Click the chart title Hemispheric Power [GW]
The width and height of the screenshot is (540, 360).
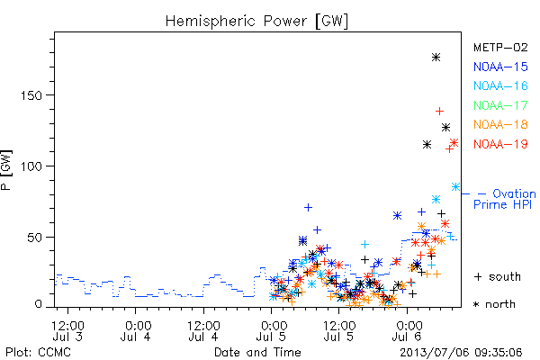256,22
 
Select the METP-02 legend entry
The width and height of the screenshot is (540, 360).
500,47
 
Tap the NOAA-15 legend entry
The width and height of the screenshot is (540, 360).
500,67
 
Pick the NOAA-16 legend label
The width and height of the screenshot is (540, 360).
500,85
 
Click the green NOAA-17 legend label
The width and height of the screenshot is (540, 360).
500,105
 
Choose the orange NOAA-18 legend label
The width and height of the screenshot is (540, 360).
500,124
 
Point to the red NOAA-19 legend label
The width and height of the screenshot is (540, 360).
500,144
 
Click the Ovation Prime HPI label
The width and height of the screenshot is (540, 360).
505,199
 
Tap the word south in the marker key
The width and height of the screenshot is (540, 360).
505,276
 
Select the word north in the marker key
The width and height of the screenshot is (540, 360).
500,304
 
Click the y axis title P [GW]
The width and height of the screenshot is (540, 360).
6,170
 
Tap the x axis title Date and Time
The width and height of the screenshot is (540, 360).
257,353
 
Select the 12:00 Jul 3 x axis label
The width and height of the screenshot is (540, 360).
67,330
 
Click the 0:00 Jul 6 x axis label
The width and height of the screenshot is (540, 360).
408,330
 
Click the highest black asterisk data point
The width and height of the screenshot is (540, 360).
436,58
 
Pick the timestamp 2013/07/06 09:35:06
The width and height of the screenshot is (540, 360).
461,353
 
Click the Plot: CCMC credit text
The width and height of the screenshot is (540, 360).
38,353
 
